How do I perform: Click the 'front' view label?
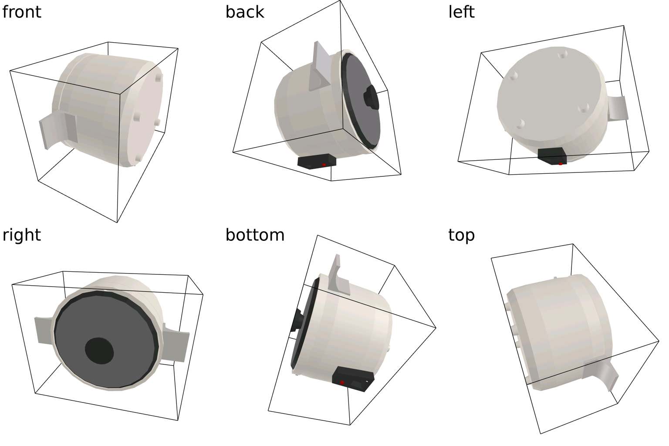coord(21,12)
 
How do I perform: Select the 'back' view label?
coord(245,12)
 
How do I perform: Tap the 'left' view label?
coord(461,12)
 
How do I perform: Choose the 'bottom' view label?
coord(255,235)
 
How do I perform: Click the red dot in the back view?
coord(324,165)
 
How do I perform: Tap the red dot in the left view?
coord(561,164)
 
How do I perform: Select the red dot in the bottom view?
coord(342,382)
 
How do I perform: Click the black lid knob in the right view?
coord(99,351)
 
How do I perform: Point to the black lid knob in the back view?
coord(371,98)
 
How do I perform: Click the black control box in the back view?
coord(317,161)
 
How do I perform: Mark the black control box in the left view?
coord(552,156)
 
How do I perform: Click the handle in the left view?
coord(617,108)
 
